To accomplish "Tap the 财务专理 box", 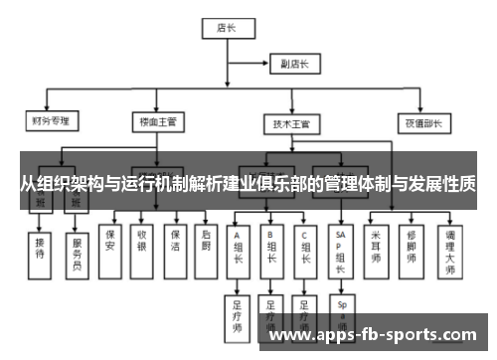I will pos(49,122).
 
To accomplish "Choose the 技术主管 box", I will pos(291,124).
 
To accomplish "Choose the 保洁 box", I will pos(174,244).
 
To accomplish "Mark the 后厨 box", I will pos(206,244).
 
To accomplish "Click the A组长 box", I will pos(238,248).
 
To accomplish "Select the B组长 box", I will pos(270,248).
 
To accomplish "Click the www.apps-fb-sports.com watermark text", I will pos(373,335).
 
